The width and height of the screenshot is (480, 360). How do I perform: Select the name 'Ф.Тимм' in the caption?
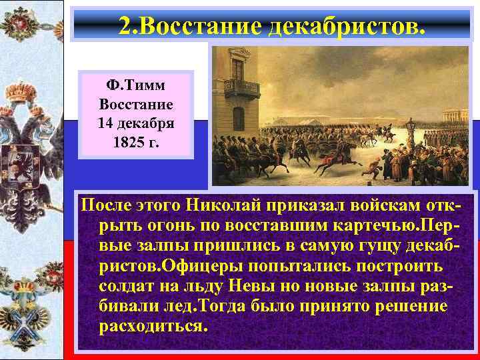tap(136, 87)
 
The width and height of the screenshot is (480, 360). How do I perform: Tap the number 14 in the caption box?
tap(107, 123)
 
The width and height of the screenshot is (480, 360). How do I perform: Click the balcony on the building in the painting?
tap(242, 87)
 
